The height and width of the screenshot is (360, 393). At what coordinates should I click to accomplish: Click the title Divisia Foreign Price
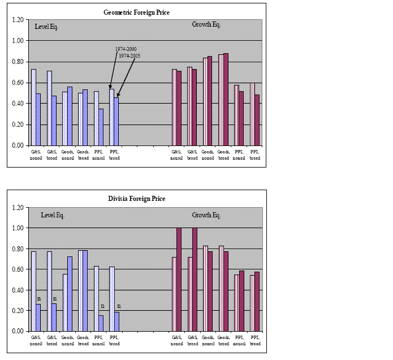coord(136,199)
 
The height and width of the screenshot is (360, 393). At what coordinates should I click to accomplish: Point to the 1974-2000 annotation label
coord(126,50)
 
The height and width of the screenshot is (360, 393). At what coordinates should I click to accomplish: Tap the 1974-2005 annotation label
coord(130,56)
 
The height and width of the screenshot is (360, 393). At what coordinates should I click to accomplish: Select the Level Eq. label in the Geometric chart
coord(47,27)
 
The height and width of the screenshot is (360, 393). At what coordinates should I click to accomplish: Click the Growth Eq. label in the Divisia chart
coord(206,215)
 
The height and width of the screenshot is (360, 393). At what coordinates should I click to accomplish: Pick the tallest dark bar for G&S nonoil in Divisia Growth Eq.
coord(180,280)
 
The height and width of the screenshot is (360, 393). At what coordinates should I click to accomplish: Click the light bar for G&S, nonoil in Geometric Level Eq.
coord(33,107)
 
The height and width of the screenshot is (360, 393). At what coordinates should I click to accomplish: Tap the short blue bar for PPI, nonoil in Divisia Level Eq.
coord(101,323)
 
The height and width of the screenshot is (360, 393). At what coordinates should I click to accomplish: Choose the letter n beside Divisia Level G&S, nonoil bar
coord(39,299)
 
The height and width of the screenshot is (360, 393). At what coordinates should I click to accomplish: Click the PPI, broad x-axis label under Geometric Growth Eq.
coord(256,155)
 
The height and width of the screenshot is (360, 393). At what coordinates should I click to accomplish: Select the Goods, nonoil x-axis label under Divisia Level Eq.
coord(67,341)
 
